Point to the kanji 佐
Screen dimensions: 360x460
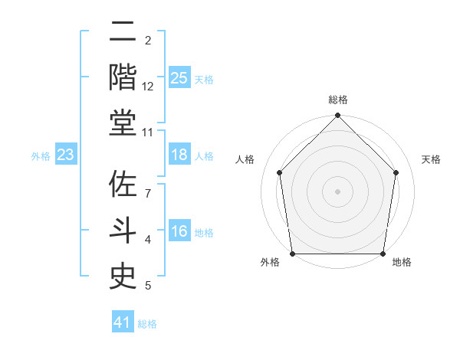coord(123,185)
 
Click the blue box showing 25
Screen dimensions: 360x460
coord(179,77)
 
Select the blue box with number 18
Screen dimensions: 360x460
coord(179,155)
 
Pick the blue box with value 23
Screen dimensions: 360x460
coord(66,155)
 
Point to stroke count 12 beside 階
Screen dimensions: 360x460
coord(148,87)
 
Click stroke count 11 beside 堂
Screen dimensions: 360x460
coord(148,133)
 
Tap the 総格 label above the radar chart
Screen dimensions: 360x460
coord(338,100)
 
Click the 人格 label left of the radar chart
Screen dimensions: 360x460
coord(245,159)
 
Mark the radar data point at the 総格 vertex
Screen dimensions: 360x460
coord(338,116)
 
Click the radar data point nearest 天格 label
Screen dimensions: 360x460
coord(396,172)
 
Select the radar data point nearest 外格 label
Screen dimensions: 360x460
coord(293,254)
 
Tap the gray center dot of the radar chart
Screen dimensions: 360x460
coord(338,191)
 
